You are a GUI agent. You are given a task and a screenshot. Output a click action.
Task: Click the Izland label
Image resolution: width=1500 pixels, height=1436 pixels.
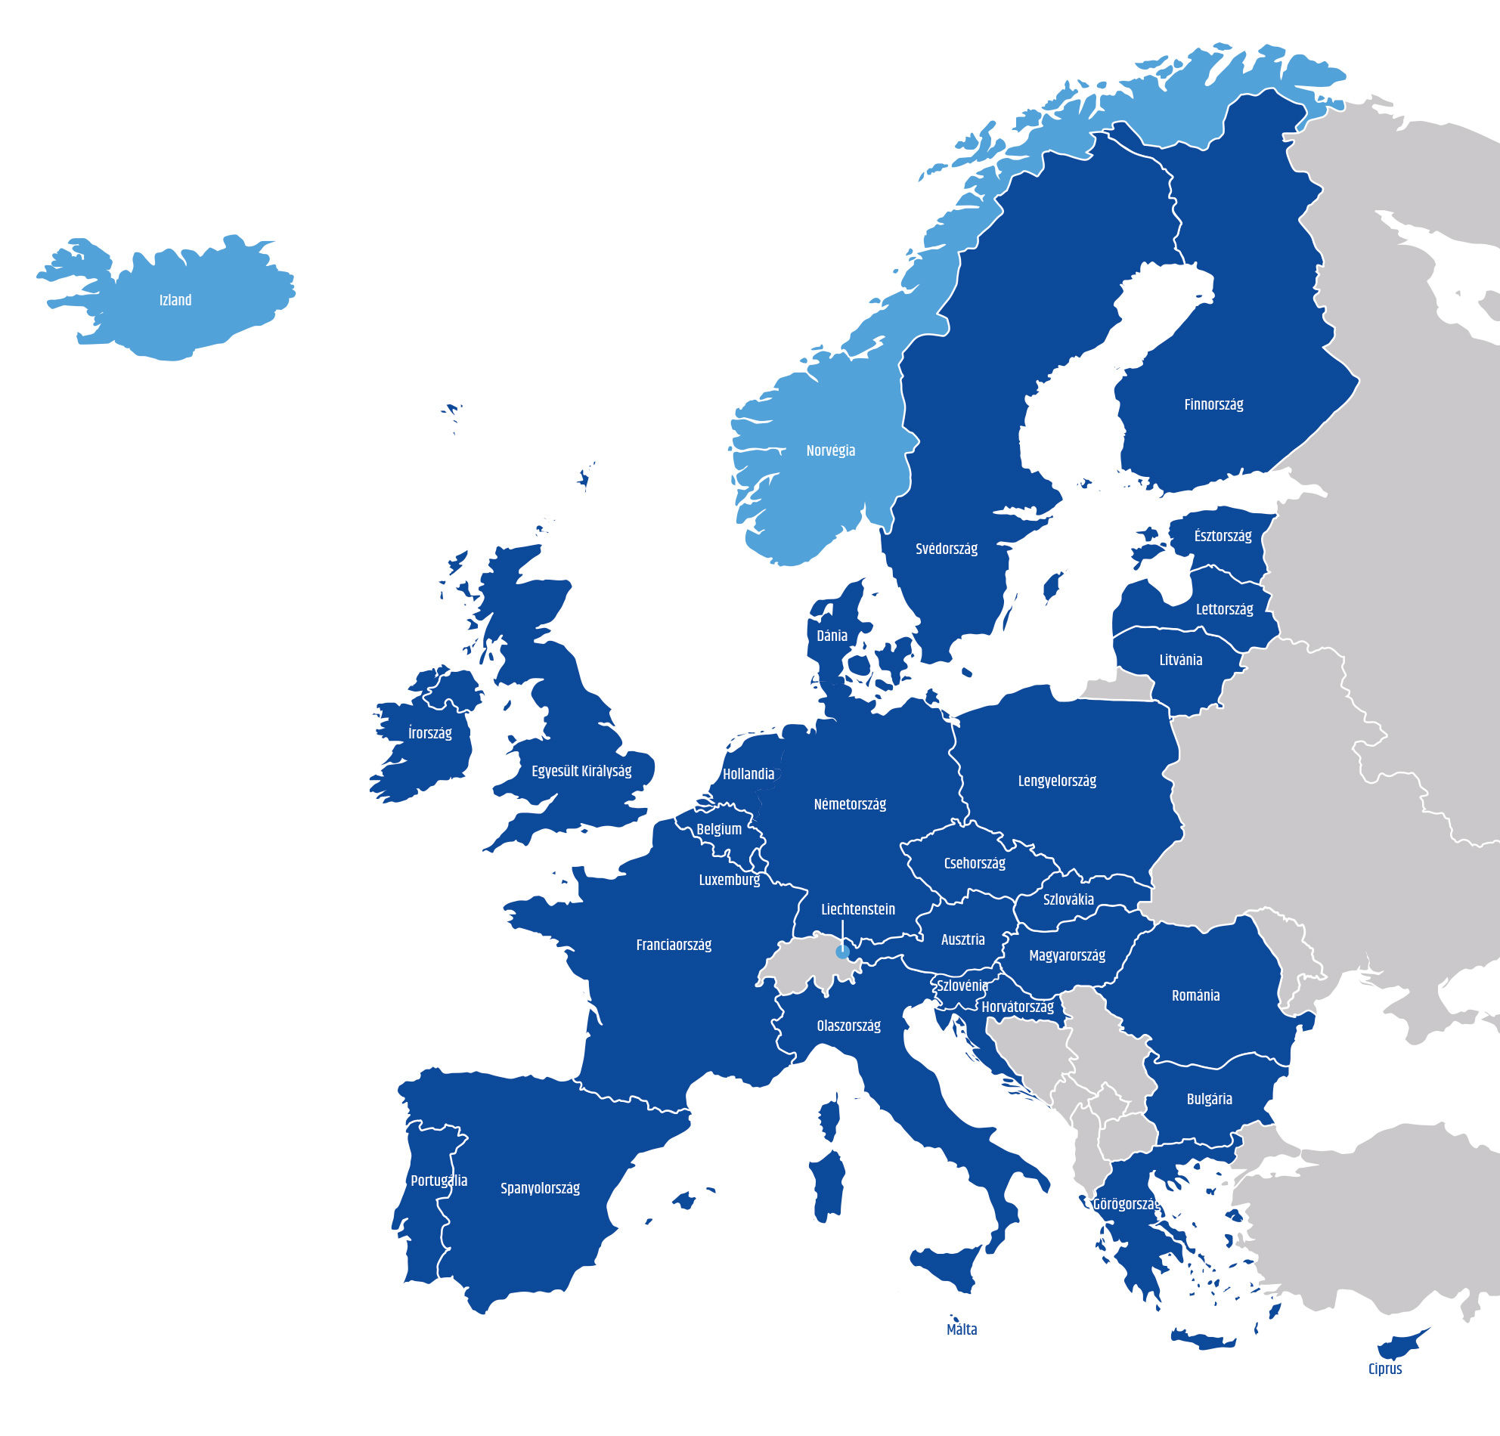[175, 300]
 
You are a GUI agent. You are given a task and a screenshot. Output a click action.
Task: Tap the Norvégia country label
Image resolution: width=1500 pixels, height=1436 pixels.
[830, 450]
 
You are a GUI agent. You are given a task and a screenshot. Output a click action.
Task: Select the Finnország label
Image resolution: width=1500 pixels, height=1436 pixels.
[1213, 404]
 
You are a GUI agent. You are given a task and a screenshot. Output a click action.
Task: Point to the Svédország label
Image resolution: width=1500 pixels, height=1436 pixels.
[946, 549]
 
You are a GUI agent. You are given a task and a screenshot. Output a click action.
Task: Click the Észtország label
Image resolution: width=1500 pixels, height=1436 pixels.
[1223, 536]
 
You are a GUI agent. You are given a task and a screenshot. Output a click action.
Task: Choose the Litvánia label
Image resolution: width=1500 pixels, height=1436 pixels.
[1180, 660]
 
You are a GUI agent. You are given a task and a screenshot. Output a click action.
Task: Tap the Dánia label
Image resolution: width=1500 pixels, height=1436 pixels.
[831, 635]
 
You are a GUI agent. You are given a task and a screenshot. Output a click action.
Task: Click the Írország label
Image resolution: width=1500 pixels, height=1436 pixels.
[429, 733]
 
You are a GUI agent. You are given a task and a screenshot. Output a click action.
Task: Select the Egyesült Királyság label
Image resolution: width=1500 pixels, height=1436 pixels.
[581, 770]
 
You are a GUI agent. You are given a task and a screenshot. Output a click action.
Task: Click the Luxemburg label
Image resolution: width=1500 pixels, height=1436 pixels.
[730, 880]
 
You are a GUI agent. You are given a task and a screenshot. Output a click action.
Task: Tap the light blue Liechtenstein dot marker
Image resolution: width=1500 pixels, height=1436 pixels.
[841, 952]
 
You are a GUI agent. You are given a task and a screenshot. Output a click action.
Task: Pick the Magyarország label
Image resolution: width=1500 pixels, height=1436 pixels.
[1067, 955]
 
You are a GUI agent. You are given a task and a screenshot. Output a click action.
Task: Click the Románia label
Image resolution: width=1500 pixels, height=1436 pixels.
[1195, 995]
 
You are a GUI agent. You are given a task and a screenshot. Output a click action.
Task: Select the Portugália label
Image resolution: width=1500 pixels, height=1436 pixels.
[439, 1181]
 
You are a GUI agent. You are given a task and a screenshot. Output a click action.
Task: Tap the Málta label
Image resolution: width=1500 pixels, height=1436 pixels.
[961, 1329]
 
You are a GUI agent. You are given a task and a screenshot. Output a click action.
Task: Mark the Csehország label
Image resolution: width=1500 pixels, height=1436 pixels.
[975, 863]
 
